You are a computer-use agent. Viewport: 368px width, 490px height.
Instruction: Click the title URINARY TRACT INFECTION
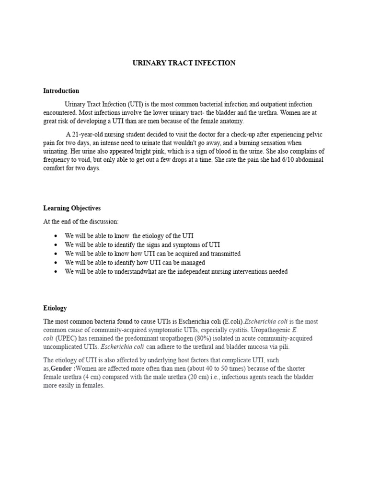click(x=184, y=63)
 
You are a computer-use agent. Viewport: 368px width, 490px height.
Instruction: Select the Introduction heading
click(x=61, y=91)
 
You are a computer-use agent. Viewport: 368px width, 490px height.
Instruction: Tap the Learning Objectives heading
click(x=72, y=208)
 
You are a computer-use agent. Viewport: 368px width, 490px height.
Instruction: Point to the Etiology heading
click(x=55, y=308)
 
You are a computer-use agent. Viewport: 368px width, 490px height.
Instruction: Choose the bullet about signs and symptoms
click(x=142, y=245)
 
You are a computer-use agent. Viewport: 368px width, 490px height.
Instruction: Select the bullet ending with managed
click(x=135, y=263)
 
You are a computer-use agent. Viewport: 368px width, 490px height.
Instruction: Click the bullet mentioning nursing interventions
click(x=176, y=271)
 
